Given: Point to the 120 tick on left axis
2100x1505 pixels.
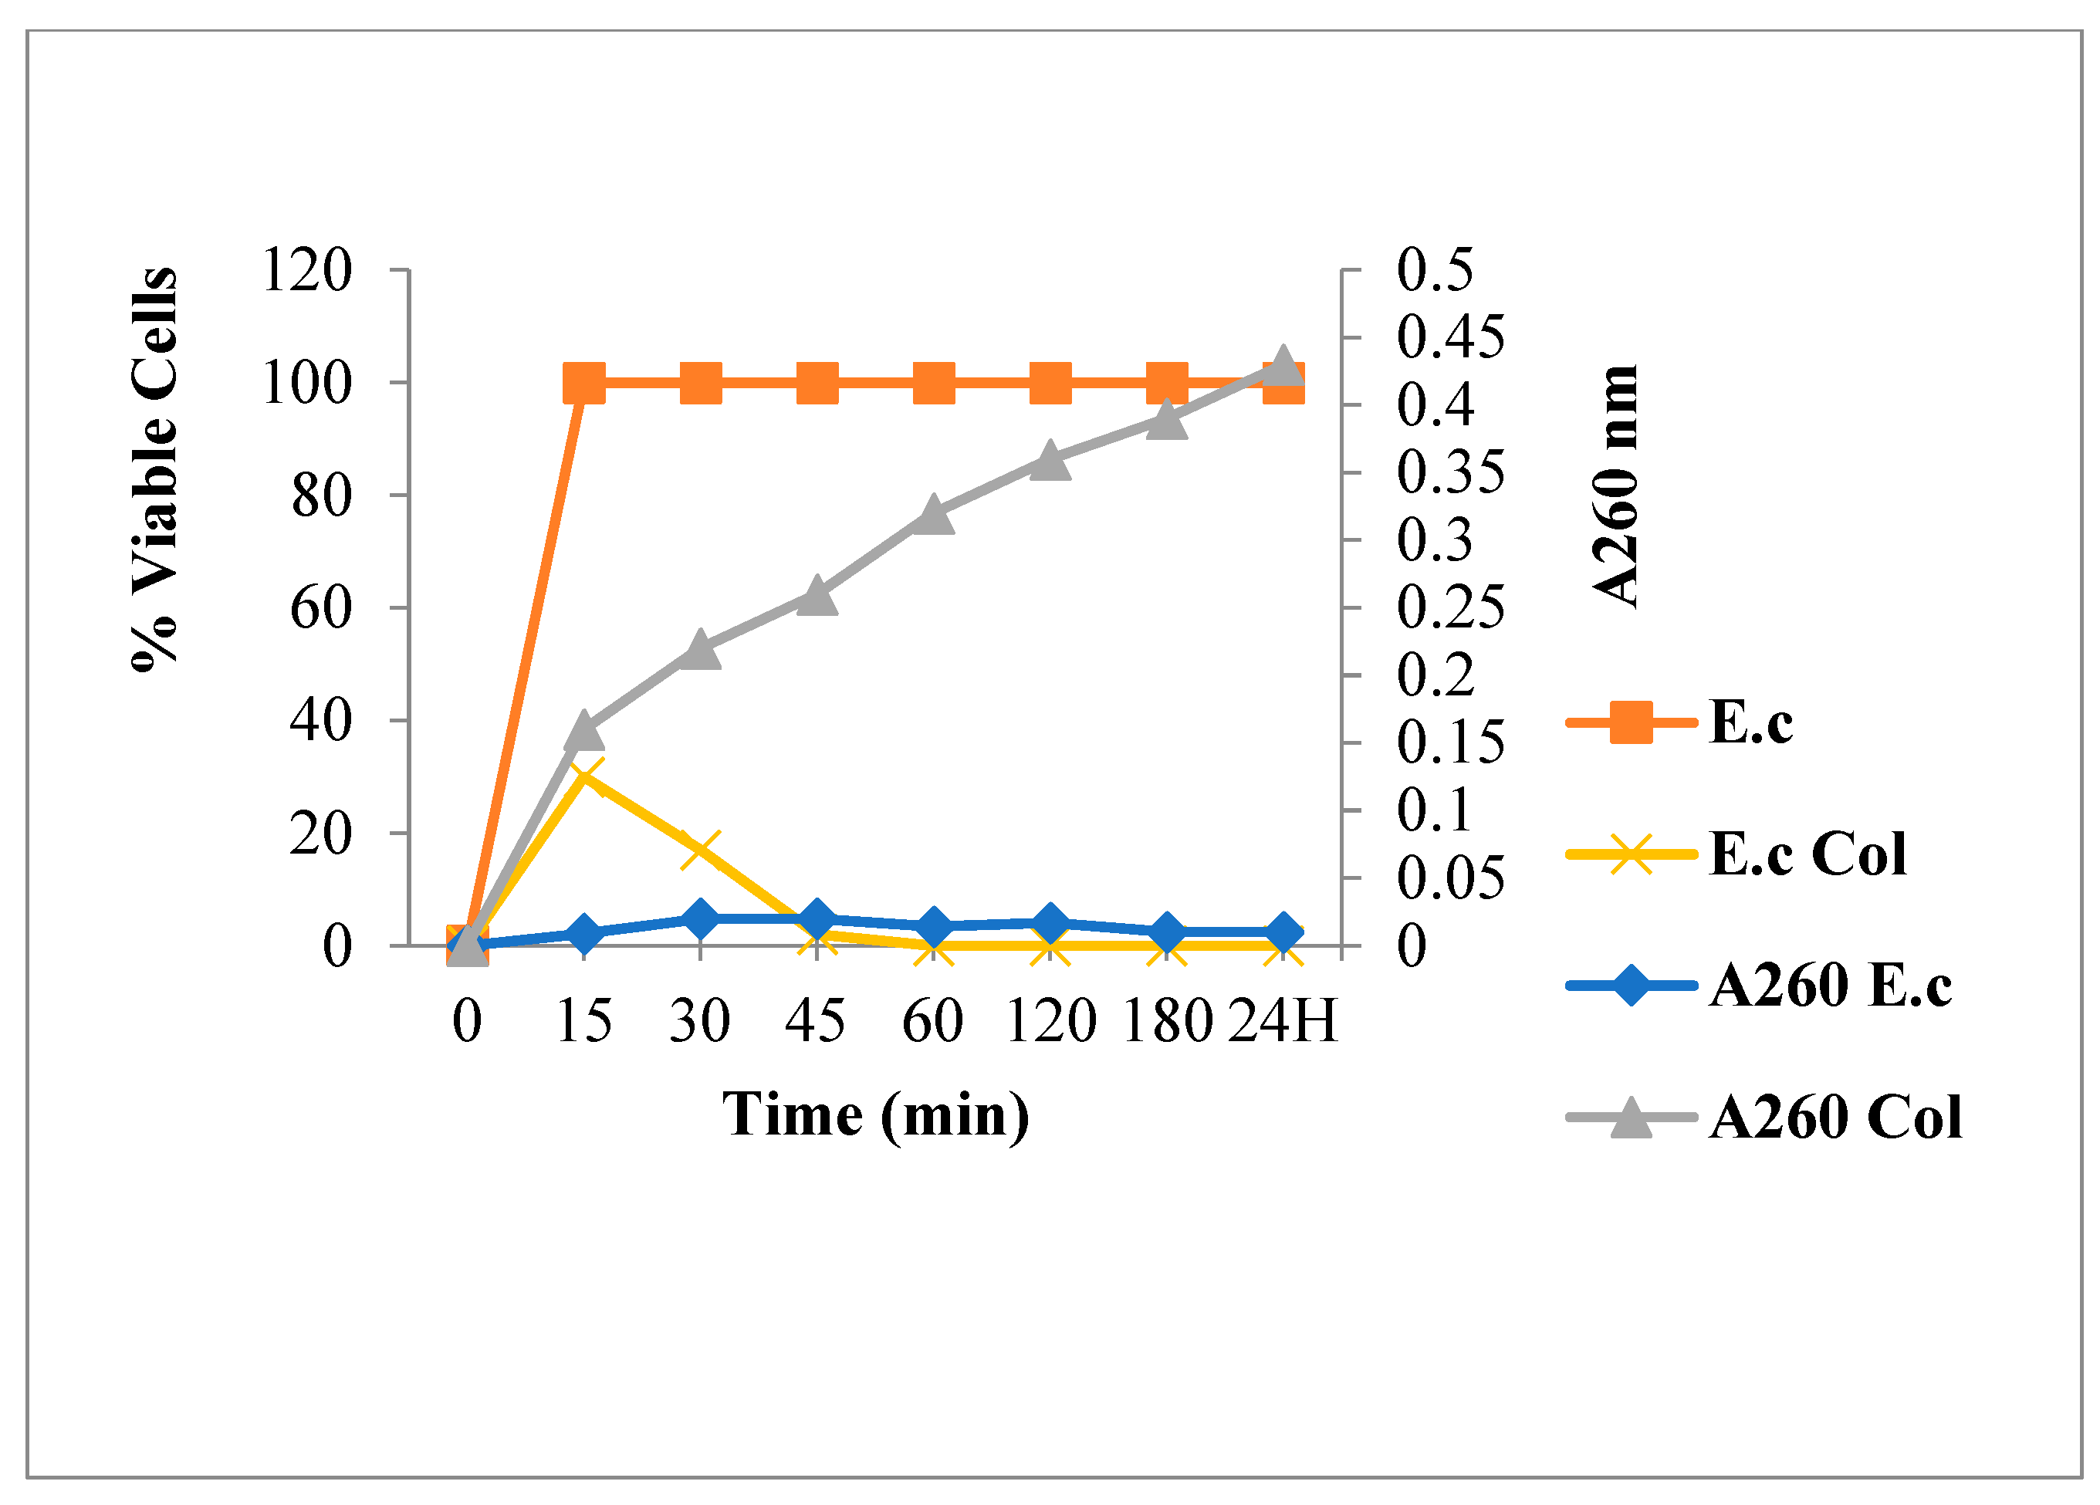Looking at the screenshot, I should click(306, 270).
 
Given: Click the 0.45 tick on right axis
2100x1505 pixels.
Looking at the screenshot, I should click(1450, 337).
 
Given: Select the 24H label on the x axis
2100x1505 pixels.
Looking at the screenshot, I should click(1283, 1022).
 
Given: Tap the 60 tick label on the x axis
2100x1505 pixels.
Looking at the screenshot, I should click(932, 1022).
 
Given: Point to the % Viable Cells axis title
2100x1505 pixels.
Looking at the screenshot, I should click(154, 468).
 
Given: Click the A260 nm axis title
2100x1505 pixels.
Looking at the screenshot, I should click(1616, 486).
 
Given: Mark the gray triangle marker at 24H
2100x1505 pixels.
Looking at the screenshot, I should click(1283, 367).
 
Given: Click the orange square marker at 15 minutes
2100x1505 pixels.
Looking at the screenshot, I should click(584, 383).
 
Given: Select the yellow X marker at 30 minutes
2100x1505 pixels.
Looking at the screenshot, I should click(700, 849).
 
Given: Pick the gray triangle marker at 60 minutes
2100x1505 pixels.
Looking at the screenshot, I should click(933, 515).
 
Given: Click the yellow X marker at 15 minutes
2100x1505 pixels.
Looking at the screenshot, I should click(584, 776).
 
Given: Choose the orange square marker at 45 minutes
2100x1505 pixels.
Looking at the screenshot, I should click(817, 383).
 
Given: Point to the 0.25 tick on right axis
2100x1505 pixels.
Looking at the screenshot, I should click(1450, 607).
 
